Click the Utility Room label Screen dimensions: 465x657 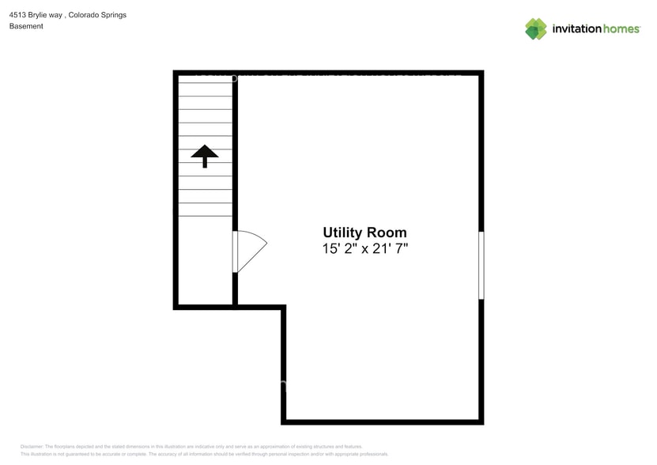(364, 232)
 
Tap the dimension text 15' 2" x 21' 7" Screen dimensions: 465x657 (364, 249)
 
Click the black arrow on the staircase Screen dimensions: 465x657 (205, 155)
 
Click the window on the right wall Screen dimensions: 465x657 (481, 265)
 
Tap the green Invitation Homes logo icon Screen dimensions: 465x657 (536, 28)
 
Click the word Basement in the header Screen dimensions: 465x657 (26, 26)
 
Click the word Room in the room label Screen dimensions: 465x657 (387, 232)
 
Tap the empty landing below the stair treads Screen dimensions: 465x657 (205, 261)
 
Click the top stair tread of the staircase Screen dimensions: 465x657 (205, 83)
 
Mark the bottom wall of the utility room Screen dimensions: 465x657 (382, 421)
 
